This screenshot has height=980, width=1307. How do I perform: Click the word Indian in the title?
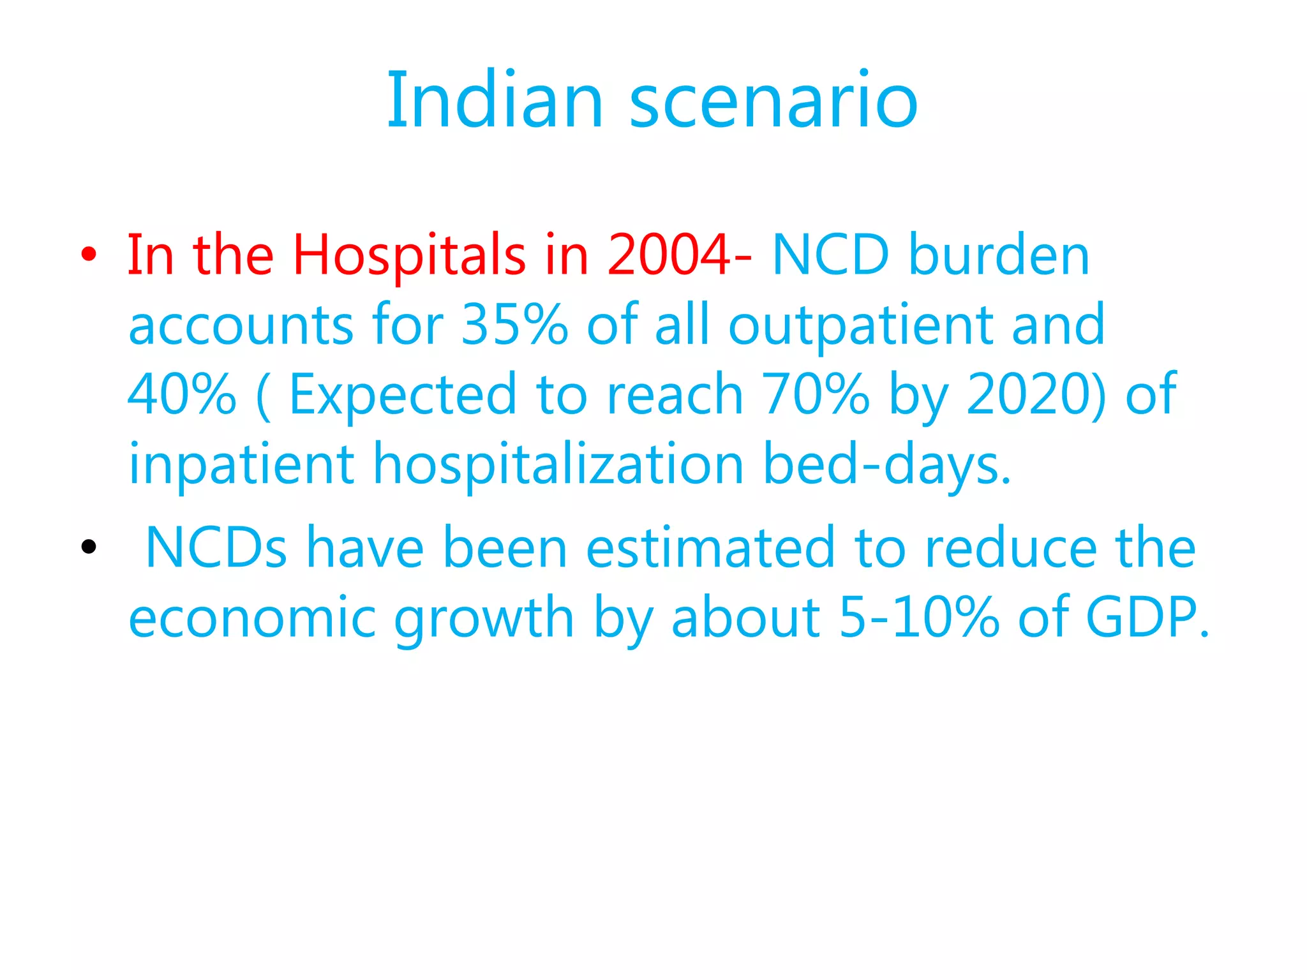click(495, 101)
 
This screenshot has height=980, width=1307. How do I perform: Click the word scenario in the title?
click(773, 101)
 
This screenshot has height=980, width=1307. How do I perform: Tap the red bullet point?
click(89, 255)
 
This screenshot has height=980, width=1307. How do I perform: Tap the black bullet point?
click(89, 547)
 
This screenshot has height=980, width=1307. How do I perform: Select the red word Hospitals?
click(408, 255)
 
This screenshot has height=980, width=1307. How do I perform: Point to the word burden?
click(999, 255)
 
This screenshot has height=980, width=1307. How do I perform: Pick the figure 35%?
click(514, 325)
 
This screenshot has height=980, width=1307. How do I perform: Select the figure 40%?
click(182, 394)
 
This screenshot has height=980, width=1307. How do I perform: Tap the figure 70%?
click(815, 394)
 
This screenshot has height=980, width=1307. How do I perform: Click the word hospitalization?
click(558, 464)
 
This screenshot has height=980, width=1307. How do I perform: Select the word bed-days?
click(887, 464)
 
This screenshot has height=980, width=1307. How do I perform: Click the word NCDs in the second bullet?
click(216, 547)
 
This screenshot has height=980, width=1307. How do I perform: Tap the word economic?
click(253, 618)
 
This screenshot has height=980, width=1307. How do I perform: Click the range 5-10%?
click(919, 617)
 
